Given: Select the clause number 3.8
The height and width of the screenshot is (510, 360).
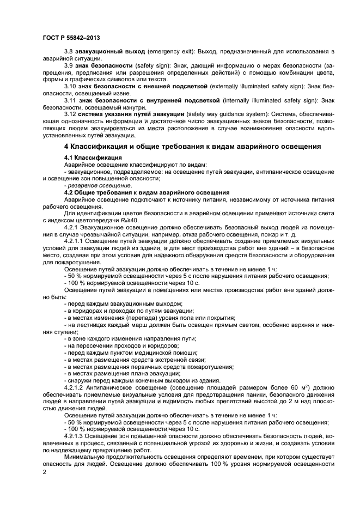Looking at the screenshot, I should (x=69, y=51).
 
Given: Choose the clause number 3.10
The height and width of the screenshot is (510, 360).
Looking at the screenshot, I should (x=71, y=87).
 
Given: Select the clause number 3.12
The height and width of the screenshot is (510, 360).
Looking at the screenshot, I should (x=71, y=115).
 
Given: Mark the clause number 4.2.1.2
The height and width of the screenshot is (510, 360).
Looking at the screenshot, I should (x=75, y=388).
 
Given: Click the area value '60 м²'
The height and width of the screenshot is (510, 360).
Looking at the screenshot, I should (x=291, y=388).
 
